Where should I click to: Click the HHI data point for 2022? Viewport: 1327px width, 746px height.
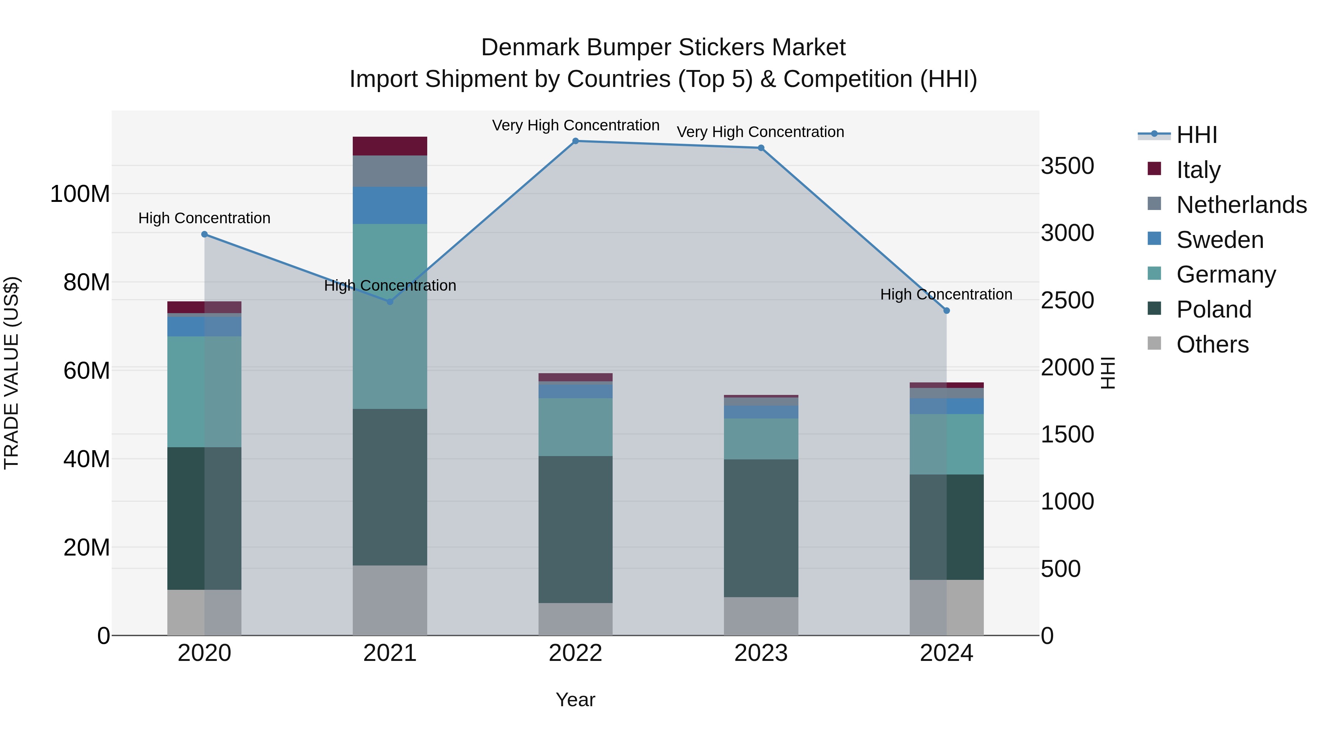(575, 141)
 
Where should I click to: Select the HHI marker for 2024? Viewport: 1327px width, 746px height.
(946, 311)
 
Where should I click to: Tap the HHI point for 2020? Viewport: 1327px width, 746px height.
(205, 234)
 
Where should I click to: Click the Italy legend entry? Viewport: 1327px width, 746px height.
(1198, 170)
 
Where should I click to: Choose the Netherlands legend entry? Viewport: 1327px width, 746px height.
(1241, 205)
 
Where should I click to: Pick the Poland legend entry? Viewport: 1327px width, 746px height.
(1214, 309)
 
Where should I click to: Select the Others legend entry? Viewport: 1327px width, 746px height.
(1213, 344)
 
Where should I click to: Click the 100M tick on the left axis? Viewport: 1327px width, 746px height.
(80, 194)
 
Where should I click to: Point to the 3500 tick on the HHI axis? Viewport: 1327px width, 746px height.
(1067, 166)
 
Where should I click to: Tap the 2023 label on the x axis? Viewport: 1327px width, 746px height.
(761, 653)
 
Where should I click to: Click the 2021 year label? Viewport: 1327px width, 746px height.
(390, 653)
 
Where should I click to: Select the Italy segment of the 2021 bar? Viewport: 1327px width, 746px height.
(390, 146)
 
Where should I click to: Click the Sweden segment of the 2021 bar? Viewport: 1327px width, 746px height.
(390, 206)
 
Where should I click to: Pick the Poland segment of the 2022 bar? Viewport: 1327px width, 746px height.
(575, 529)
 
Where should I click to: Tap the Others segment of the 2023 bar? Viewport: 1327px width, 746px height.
(761, 616)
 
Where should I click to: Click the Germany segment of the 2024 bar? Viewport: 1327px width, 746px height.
(946, 444)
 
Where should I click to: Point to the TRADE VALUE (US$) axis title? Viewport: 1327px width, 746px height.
(11, 373)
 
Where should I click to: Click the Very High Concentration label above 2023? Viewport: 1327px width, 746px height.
(760, 132)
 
